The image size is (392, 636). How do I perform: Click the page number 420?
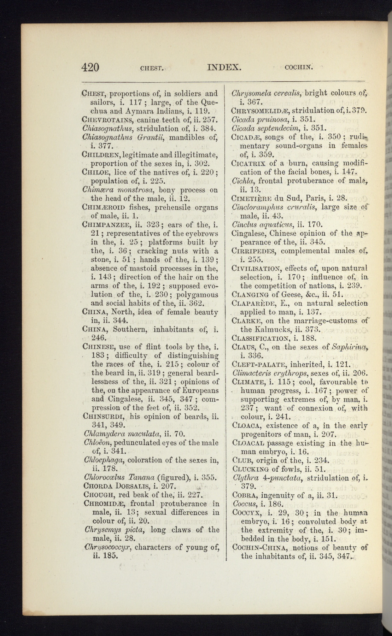pyautogui.click(x=90, y=67)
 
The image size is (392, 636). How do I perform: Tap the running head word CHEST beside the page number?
pyautogui.click(x=151, y=68)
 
